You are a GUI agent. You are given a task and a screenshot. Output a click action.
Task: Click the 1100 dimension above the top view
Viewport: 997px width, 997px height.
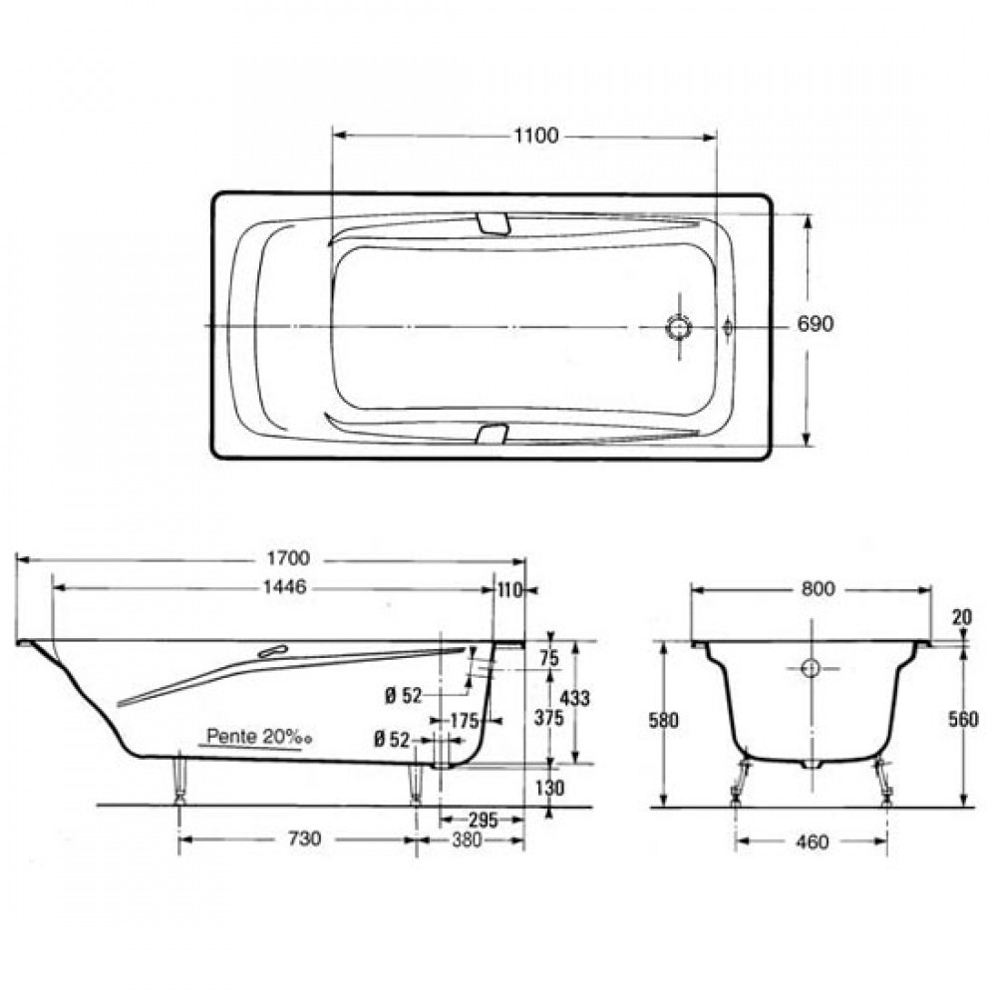536,136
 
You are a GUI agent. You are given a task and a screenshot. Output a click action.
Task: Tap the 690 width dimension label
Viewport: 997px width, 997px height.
815,324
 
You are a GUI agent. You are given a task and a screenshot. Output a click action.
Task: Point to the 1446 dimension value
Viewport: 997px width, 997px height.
284,586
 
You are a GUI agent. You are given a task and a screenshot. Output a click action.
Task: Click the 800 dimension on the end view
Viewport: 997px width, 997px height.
818,589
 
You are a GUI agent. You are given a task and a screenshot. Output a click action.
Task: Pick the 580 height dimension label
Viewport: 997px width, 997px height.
663,721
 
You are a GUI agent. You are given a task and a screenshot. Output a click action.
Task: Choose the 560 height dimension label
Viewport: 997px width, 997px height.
963,719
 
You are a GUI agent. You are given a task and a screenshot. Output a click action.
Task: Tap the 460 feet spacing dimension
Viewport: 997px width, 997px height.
812,842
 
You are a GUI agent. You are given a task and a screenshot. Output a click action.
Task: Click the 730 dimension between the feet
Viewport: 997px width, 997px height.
304,839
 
